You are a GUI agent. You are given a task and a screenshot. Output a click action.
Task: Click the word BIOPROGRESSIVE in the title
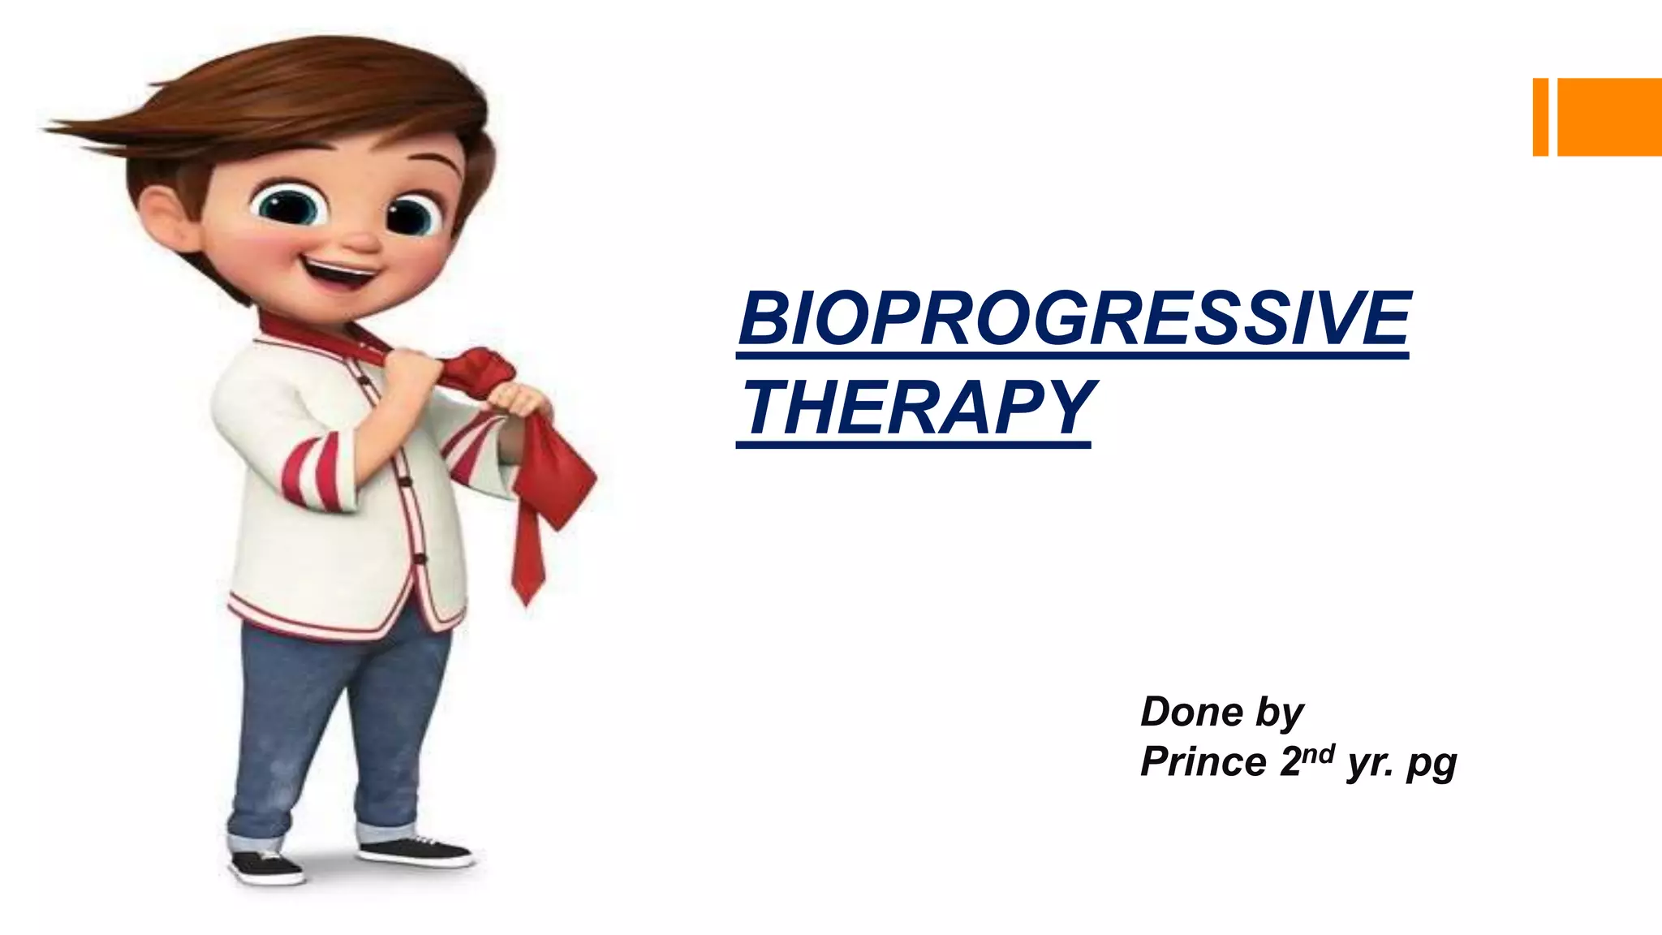pos(1074,318)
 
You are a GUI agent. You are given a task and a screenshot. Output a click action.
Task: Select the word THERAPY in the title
pos(919,407)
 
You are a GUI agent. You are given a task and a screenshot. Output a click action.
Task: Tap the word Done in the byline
pos(1191,712)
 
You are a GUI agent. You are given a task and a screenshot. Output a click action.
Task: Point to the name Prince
pos(1203,762)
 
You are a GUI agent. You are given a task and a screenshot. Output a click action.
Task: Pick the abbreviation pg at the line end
pos(1432,765)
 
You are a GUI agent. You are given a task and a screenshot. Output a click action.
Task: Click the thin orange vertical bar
pos(1539,117)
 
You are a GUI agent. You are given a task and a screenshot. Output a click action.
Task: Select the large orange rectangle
pos(1609,117)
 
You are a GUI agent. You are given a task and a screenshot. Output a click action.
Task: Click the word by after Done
pos(1280,713)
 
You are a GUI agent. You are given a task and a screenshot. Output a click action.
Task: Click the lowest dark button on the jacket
pos(420,558)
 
